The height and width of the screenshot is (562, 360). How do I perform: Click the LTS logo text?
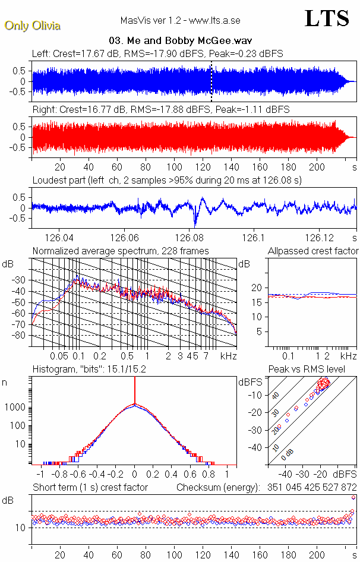[x=326, y=18]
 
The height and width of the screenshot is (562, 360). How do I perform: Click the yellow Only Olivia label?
[x=32, y=26]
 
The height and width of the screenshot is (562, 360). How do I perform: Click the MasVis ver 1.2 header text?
[x=180, y=21]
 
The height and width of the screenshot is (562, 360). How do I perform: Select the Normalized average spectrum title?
[x=121, y=251]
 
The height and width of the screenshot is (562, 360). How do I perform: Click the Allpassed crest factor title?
[x=312, y=251]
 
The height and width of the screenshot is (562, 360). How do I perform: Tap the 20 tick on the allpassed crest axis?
[x=257, y=288]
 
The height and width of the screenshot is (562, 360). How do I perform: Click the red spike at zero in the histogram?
[x=135, y=392]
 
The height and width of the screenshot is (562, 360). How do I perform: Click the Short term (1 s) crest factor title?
[x=90, y=488]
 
